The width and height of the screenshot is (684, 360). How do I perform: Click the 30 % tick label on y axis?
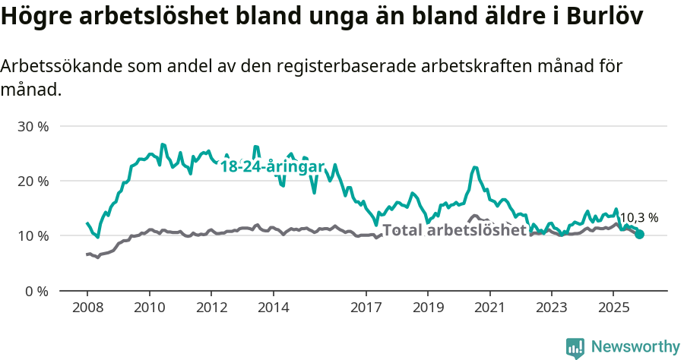point(33,126)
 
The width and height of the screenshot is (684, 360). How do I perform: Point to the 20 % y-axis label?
point(33,181)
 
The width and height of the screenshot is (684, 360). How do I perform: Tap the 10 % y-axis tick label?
point(33,236)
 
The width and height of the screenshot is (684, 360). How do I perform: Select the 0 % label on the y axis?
point(36,291)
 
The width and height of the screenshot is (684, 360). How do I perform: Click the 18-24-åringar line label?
point(272,167)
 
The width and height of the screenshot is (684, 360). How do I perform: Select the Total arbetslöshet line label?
point(454,230)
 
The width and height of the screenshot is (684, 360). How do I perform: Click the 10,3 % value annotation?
point(638,218)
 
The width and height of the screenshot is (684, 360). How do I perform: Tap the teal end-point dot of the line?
point(640,235)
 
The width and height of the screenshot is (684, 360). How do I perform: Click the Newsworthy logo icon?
point(575,347)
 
